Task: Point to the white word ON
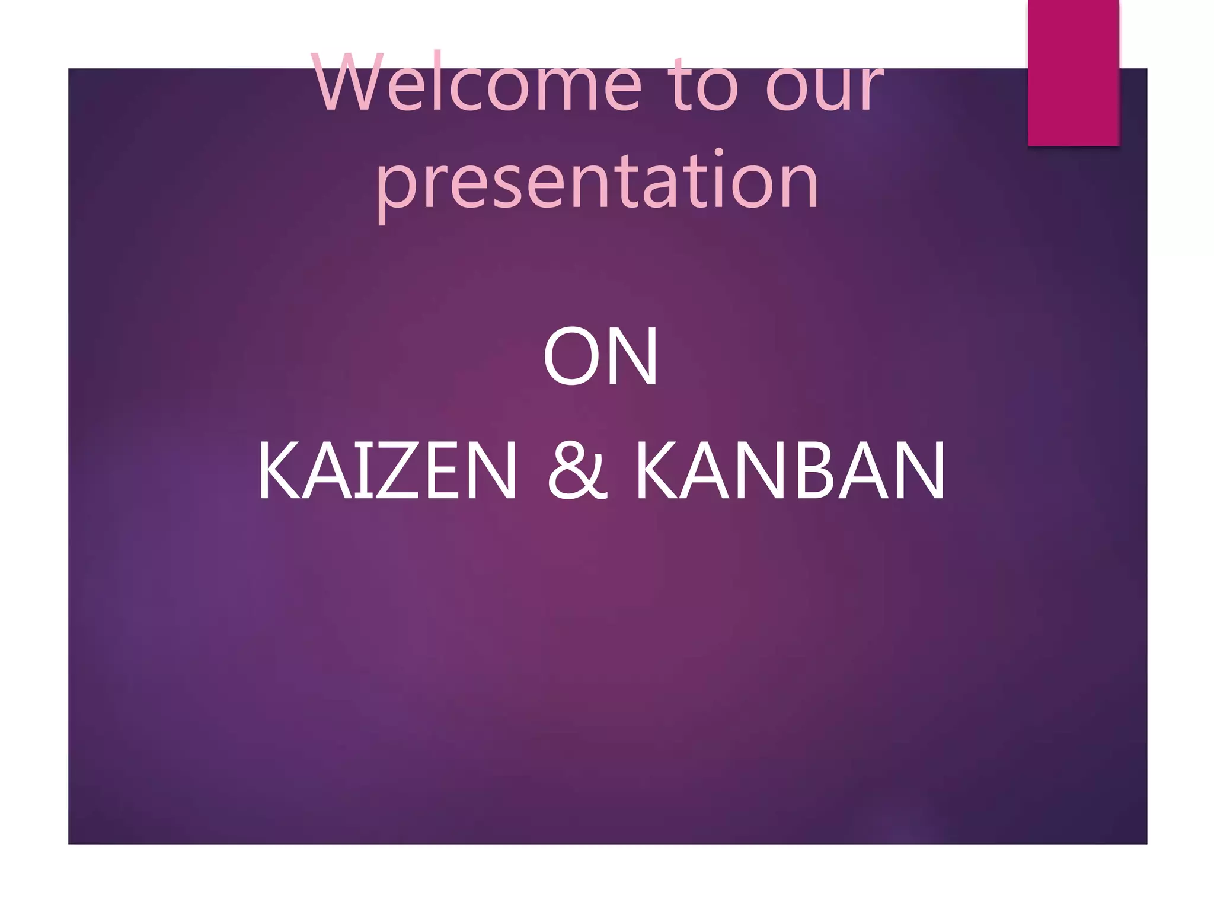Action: (x=600, y=357)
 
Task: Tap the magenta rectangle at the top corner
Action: (x=1073, y=72)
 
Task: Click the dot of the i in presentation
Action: (x=718, y=153)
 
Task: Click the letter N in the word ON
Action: (x=631, y=357)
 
